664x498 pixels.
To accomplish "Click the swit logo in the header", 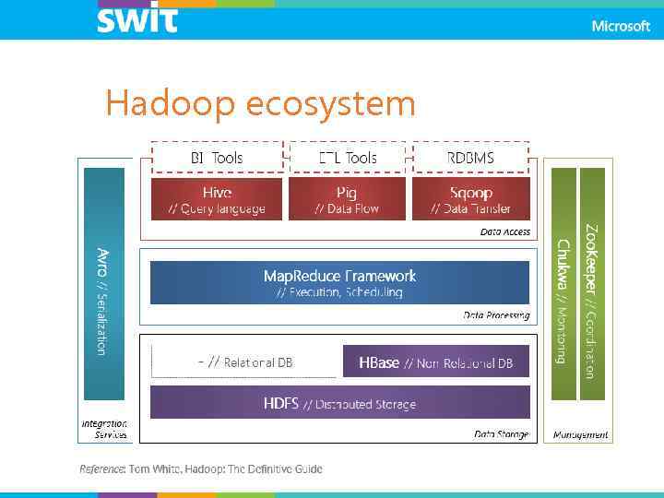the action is [136, 18].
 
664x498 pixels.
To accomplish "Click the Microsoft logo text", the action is [621, 26].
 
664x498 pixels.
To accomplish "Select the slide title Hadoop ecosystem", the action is [260, 103].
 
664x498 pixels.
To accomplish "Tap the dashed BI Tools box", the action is [217, 158].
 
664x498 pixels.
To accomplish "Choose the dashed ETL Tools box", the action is [347, 158].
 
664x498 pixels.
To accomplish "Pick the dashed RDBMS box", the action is [470, 158].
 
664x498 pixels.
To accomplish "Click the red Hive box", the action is [217, 199].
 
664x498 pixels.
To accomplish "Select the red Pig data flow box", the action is [347, 199].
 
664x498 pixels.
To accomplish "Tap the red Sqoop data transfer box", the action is [470, 199].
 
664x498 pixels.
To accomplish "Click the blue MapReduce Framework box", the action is [339, 282].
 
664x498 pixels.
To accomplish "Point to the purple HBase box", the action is [436, 363].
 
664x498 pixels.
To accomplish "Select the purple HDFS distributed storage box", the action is [339, 403].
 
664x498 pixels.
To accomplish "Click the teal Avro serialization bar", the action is [103, 282].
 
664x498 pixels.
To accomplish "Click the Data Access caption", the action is [505, 232].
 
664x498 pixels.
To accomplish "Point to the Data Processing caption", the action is [496, 315].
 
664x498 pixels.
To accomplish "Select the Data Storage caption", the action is [502, 433].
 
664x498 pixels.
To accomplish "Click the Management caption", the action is [580, 434].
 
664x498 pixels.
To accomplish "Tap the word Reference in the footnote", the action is [101, 469].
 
